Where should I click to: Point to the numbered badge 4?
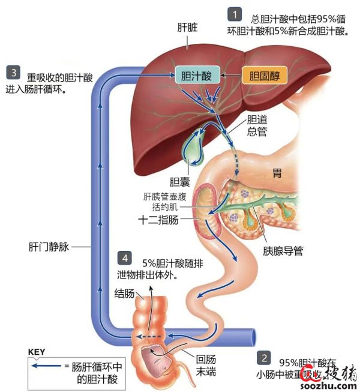coord(124,258)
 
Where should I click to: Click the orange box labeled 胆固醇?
coord(264,76)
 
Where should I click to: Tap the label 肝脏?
coord(188,28)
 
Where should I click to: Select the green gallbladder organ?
coord(194,147)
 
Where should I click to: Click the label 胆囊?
coord(179,182)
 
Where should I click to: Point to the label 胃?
coord(277,173)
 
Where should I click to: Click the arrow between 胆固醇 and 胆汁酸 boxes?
coord(229,76)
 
